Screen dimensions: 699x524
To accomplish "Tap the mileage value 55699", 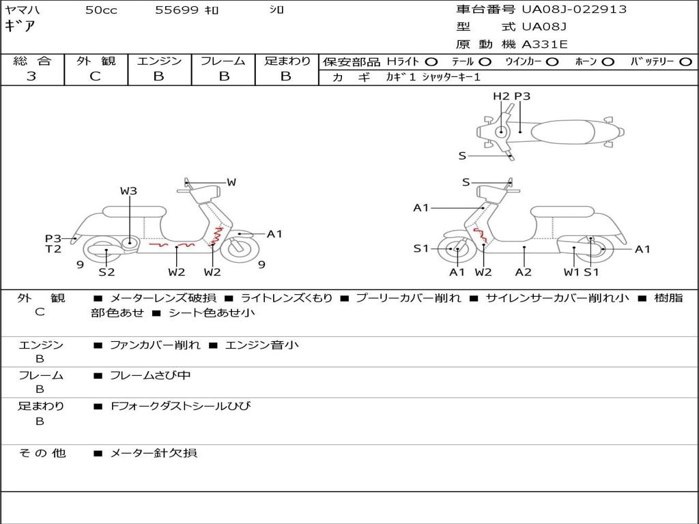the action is tap(177, 10).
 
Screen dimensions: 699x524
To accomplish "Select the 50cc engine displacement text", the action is tap(101, 10).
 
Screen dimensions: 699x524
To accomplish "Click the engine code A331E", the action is tap(545, 44).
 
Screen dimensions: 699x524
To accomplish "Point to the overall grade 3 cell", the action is tap(31, 76).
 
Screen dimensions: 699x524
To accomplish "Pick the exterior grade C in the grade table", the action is tap(95, 76).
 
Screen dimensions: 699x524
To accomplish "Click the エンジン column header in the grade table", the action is tap(159, 61).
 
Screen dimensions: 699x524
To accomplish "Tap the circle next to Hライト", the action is tap(431, 62).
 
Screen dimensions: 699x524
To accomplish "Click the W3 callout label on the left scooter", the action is tap(129, 191).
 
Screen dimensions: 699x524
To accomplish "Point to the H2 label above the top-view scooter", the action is tap(501, 96).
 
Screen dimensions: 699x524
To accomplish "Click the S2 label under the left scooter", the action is tap(106, 272).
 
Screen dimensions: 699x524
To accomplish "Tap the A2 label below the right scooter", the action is tap(524, 272).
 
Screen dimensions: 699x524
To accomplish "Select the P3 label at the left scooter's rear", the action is tap(53, 238).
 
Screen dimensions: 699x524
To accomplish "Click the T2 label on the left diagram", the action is tap(53, 249).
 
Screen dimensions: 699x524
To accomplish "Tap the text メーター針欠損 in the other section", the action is tap(154, 452).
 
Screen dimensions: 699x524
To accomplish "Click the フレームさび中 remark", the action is tap(150, 375).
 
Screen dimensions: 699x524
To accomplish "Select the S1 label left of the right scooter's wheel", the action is tap(421, 248).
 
